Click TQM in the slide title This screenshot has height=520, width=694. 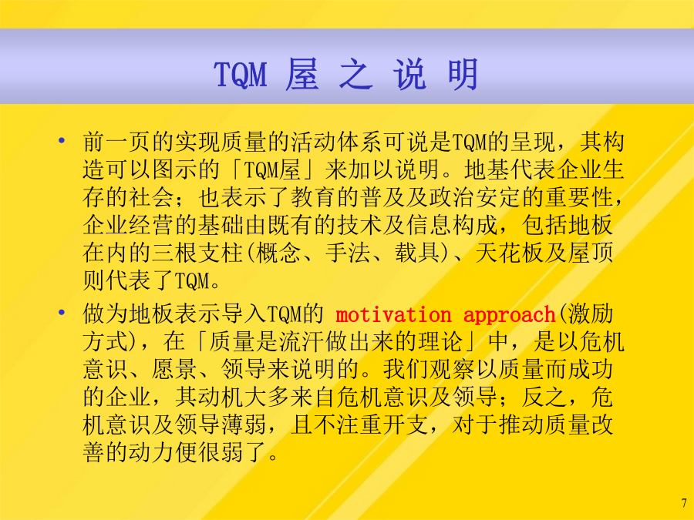point(241,74)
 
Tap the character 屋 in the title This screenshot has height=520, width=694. point(302,74)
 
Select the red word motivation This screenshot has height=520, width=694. point(393,315)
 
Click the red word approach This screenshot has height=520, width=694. point(509,316)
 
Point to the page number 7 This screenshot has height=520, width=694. point(684,503)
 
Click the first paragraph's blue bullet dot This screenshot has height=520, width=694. point(62,141)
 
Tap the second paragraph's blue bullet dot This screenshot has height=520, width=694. point(62,313)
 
